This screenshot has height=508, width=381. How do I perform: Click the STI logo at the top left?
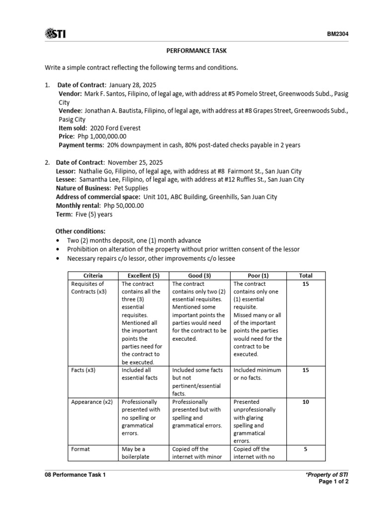[x=55, y=34]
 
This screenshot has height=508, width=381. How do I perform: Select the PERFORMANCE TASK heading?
[x=190, y=51]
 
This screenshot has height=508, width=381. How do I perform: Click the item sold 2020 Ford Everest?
[x=116, y=128]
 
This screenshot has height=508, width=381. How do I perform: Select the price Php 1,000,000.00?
[x=102, y=136]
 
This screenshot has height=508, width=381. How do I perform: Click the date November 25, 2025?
[x=135, y=162]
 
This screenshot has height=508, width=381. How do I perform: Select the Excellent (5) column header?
[x=143, y=275]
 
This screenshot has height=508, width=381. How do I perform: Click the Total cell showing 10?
[x=306, y=402]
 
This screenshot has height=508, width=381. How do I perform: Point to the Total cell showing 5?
[x=306, y=449]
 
